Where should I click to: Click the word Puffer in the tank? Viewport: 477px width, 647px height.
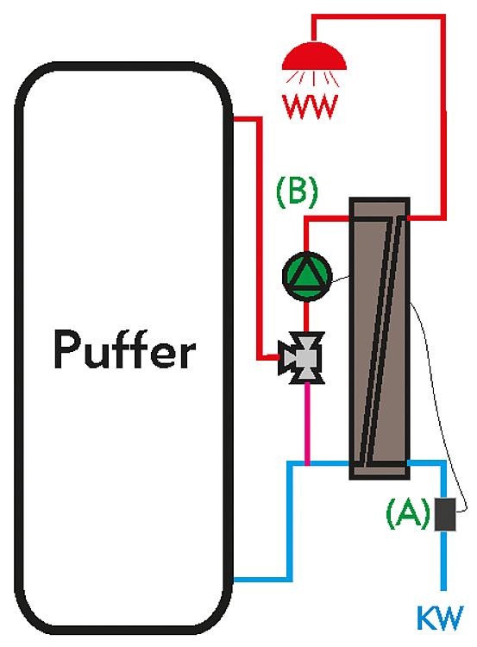pos(124,349)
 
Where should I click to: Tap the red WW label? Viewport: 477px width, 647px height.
pos(311,107)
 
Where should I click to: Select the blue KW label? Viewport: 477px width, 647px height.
pos(440,618)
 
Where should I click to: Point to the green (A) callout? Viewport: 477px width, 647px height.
pos(408,513)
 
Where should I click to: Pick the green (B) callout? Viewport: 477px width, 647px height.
pos(297,192)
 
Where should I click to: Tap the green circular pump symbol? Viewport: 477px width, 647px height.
pos(307,276)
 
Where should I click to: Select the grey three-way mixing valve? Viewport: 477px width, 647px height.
pos(301,357)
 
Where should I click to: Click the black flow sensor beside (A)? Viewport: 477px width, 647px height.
pos(445,514)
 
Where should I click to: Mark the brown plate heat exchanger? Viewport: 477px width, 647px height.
pos(380,338)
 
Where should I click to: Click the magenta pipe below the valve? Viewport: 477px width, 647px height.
pos(307,423)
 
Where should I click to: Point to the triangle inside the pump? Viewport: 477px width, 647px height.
pos(307,275)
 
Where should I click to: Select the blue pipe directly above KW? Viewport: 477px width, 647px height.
pos(443,562)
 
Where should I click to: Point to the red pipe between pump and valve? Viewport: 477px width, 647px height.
pos(306,317)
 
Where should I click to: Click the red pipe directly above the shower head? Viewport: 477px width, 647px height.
pos(314,28)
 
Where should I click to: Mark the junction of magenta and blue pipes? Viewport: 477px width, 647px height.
pos(307,463)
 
